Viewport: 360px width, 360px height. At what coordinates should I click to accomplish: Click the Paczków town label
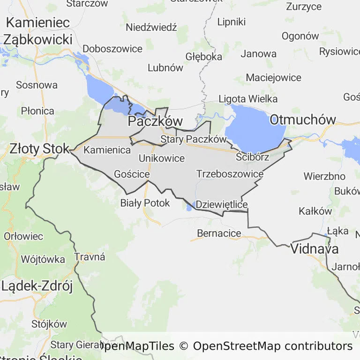click(155, 121)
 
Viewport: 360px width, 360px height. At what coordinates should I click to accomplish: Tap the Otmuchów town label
click(303, 120)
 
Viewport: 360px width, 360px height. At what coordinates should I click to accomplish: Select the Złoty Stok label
click(39, 149)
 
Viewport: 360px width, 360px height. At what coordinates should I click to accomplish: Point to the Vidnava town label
click(315, 249)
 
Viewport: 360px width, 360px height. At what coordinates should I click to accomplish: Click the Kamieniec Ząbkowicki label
click(38, 31)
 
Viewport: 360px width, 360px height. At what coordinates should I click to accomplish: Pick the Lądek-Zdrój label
click(37, 286)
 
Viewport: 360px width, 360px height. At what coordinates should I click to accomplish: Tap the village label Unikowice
click(162, 158)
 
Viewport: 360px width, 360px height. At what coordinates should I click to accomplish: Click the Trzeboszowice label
click(230, 174)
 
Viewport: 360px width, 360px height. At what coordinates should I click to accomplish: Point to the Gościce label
click(132, 174)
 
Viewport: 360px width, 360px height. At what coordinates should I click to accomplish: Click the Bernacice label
click(219, 233)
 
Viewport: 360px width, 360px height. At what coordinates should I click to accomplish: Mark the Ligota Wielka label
click(248, 99)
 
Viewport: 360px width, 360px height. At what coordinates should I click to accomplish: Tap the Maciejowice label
click(274, 77)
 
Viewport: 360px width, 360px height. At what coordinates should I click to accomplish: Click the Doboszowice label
click(112, 49)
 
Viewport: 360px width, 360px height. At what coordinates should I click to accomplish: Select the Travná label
click(90, 257)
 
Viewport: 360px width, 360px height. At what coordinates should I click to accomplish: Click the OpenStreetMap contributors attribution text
click(273, 346)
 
